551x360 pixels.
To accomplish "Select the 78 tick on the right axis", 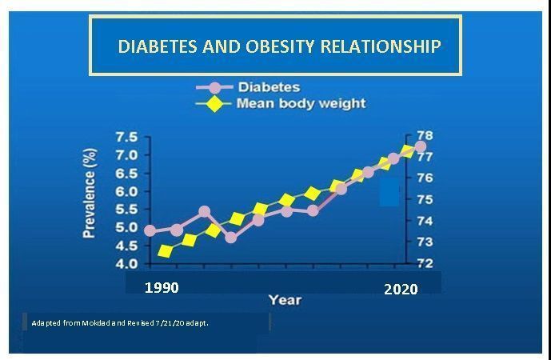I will tap(425, 136).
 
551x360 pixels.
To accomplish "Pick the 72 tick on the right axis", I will tap(425, 263).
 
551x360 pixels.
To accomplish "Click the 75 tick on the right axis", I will tap(425, 199).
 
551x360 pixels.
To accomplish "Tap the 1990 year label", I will tap(162, 288).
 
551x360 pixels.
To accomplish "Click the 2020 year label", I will tap(401, 289).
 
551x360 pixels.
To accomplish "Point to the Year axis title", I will tap(285, 300).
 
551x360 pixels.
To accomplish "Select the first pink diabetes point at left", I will tap(150, 230).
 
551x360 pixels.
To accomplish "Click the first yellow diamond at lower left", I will tap(166, 251).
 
